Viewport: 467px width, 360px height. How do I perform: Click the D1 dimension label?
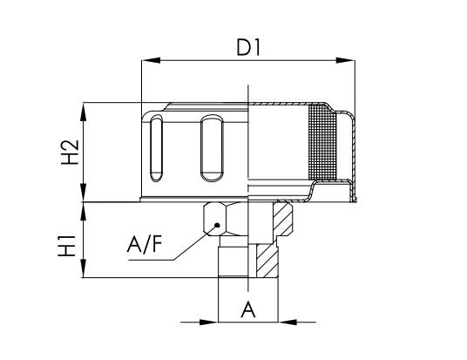tap(248, 48)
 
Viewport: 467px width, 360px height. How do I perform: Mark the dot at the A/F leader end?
tap(214, 225)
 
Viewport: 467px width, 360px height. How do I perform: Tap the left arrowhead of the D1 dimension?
tap(147, 61)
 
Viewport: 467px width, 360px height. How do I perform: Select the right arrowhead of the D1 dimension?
tap(349, 61)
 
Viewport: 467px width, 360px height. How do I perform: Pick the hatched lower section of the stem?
tap(264, 257)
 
